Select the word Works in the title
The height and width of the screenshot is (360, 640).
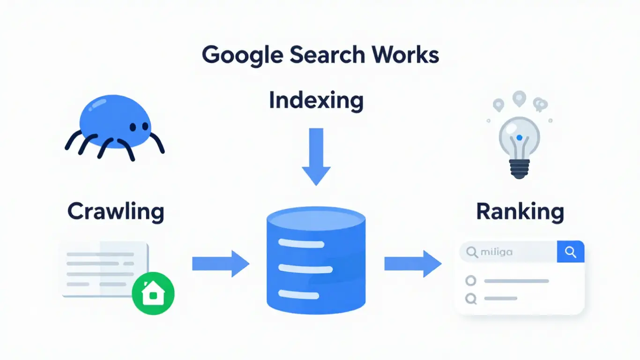tap(407, 55)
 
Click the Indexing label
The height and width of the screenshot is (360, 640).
tap(316, 101)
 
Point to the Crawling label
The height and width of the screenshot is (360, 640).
tap(115, 211)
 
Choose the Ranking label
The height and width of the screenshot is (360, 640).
tap(520, 211)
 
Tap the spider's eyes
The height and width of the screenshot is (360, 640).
tap(139, 127)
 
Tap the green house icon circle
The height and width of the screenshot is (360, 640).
tap(153, 293)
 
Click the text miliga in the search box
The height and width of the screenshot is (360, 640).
tap(496, 252)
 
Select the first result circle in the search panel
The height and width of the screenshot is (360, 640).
tap(470, 281)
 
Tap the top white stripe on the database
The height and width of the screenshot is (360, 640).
tap(301, 244)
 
